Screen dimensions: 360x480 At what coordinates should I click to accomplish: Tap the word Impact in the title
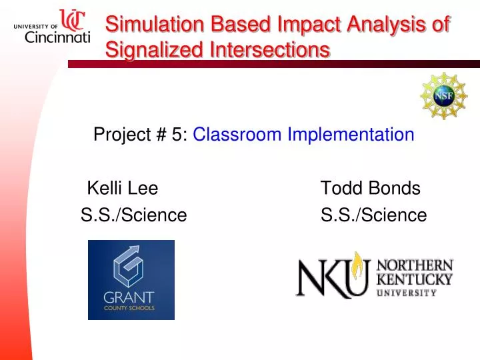click(293, 24)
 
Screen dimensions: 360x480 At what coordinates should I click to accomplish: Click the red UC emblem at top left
click(73, 19)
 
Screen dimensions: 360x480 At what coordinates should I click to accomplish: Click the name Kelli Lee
click(123, 189)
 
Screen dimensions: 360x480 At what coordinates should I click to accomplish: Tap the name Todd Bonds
click(371, 189)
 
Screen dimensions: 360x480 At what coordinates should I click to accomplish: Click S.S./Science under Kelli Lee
click(133, 215)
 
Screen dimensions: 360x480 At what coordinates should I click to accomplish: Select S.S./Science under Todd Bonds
click(373, 215)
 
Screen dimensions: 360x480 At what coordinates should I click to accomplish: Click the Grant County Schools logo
click(131, 279)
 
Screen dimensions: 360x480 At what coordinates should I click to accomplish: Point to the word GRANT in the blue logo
click(129, 297)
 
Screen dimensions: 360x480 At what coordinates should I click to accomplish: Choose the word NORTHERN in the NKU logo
click(415, 265)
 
